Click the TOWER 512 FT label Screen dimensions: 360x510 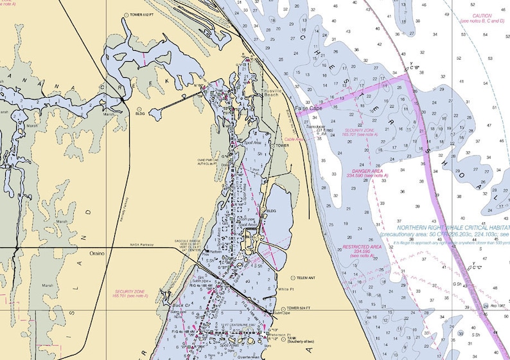click(x=145, y=15)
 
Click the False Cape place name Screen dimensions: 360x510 click(x=306, y=110)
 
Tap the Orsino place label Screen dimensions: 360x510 click(x=97, y=253)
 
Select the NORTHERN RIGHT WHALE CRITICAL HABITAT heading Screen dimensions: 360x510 click(x=453, y=228)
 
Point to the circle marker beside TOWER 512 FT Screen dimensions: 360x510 click(x=127, y=15)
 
